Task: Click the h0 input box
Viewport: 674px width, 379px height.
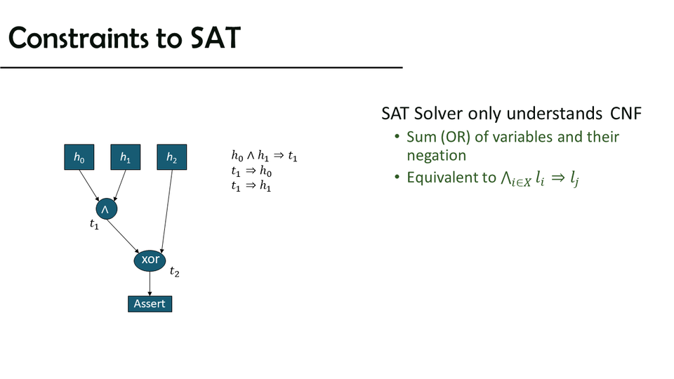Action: click(79, 157)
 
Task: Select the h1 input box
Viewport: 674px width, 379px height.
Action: click(126, 157)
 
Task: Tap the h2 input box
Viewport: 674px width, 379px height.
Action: click(172, 157)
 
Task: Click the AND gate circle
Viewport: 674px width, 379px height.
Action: click(107, 209)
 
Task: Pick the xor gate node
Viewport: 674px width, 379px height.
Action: click(150, 260)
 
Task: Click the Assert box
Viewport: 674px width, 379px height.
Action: click(150, 304)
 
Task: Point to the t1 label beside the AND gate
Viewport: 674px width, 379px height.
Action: click(94, 224)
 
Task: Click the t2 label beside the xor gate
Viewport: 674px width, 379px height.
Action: click(175, 272)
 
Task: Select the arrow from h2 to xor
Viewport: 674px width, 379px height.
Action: click(167, 211)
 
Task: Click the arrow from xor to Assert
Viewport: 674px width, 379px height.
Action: click(150, 284)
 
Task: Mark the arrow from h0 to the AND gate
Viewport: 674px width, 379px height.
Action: click(89, 185)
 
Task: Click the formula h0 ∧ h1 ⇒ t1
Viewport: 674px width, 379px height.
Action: click(265, 156)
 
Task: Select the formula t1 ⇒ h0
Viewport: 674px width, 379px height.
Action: click(251, 171)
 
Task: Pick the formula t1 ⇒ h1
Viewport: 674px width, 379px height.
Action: click(251, 185)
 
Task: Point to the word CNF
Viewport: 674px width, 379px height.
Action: click(626, 114)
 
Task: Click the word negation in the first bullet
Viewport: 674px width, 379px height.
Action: click(436, 156)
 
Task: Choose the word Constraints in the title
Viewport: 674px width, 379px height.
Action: click(78, 38)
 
